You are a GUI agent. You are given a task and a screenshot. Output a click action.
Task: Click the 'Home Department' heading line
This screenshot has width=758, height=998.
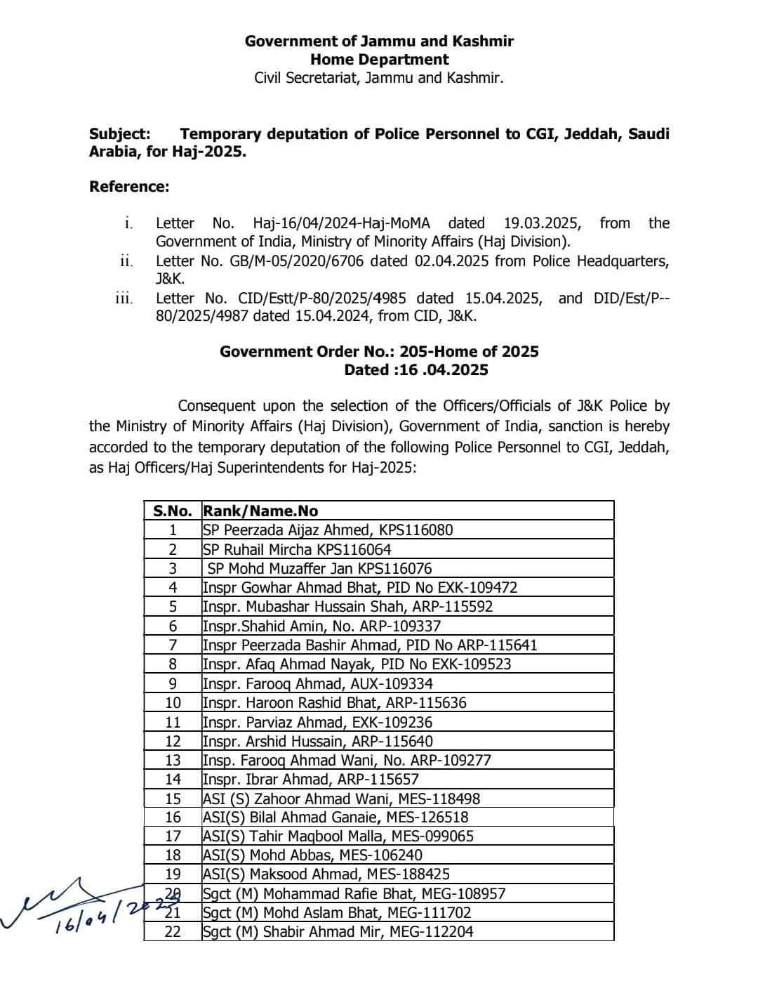[379, 60]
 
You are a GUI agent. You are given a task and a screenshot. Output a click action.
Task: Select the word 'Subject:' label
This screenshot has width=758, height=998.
[119, 133]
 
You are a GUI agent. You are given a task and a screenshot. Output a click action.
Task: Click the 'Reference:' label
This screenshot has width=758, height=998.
[129, 186]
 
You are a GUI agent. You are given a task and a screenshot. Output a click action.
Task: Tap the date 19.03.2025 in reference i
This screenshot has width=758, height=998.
[542, 223]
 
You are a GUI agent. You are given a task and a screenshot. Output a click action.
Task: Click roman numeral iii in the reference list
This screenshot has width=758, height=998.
[124, 298]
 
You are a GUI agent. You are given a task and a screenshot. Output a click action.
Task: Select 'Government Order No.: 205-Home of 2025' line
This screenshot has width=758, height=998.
[379, 351]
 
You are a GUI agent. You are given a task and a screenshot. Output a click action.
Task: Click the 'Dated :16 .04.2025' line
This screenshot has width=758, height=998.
[415, 370]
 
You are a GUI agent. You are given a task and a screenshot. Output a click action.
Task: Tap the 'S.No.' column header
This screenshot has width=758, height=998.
[172, 511]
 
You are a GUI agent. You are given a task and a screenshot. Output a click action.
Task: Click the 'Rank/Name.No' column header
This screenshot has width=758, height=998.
[260, 511]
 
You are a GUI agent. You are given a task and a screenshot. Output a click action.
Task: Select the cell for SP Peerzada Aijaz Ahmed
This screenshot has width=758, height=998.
[328, 530]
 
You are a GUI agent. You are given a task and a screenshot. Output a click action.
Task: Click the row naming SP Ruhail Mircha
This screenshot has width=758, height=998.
[297, 549]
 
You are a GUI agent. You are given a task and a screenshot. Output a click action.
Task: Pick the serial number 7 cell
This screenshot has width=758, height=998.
[173, 645]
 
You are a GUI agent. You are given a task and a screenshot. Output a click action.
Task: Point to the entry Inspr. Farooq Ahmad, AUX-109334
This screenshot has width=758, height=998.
[317, 683]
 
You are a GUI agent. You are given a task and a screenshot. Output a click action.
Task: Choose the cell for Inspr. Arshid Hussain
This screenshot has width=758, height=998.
[317, 741]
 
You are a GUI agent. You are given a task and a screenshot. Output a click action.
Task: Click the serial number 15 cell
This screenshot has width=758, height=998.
[173, 799]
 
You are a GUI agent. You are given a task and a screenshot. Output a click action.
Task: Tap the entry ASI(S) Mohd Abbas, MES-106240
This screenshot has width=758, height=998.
[312, 855]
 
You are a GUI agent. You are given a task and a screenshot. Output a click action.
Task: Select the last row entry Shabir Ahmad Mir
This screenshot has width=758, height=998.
[338, 931]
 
